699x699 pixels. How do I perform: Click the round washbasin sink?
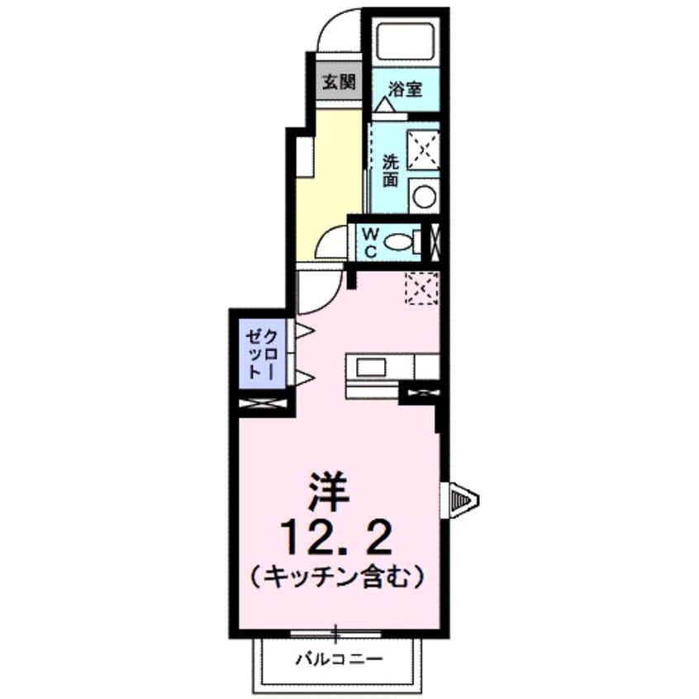tap(424, 196)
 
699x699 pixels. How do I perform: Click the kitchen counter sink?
tap(369, 366)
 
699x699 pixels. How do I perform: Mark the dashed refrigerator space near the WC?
tap(421, 288)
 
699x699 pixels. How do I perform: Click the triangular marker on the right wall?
tap(463, 499)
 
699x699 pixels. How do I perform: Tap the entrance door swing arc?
tap(339, 31)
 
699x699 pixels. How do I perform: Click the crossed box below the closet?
tap(263, 404)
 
